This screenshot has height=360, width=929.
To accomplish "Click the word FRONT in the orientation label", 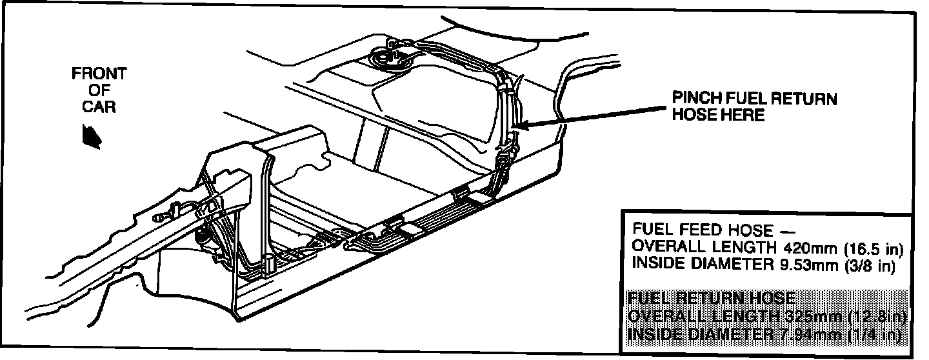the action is click(99, 74).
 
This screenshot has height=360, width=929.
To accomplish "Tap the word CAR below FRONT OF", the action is click(99, 106).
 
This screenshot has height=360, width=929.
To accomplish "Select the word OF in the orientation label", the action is click(99, 90).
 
